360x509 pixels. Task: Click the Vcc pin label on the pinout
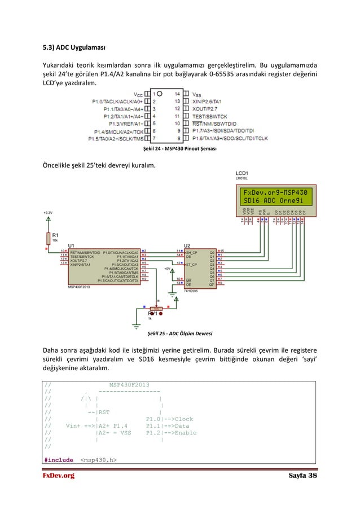point(138,94)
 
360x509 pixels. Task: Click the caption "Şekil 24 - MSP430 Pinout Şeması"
point(180,150)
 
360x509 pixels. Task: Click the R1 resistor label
point(55,235)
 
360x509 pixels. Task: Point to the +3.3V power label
point(49,213)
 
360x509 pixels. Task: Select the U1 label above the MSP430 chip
point(71,245)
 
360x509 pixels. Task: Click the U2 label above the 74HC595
point(187,245)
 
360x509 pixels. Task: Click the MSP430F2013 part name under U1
point(79,286)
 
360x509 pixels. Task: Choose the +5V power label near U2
point(167,269)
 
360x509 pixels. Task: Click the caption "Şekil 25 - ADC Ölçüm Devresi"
point(180,333)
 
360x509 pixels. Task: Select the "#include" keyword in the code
point(58,460)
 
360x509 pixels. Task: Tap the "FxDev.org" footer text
point(59,477)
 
